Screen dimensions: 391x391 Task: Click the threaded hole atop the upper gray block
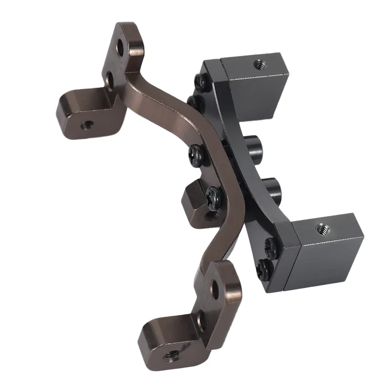257,64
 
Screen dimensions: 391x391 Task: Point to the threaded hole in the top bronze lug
87,126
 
